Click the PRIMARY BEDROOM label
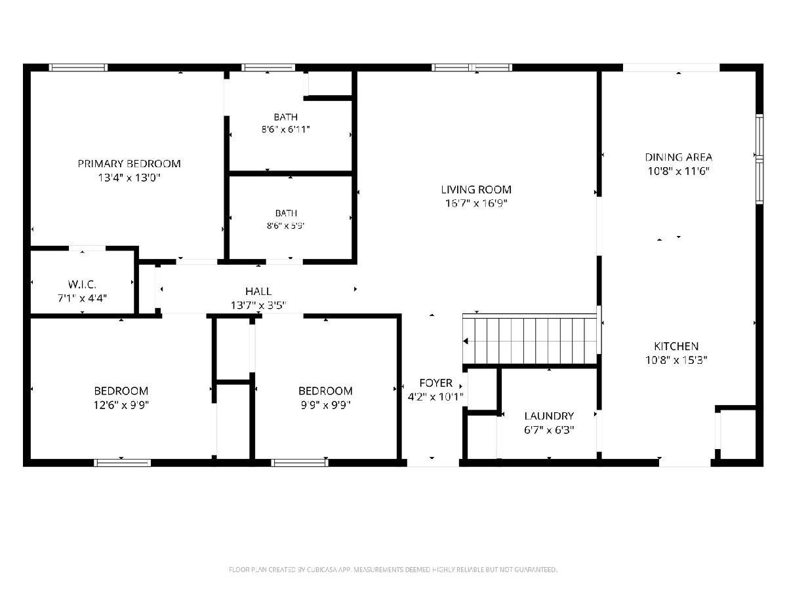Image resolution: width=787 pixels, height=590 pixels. [129, 164]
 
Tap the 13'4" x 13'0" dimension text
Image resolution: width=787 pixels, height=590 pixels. [129, 178]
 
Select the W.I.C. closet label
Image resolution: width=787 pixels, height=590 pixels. [82, 285]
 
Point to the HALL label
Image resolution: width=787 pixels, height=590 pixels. [258, 291]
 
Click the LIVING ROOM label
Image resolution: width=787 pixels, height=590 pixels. [476, 189]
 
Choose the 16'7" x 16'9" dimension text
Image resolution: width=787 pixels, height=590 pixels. [476, 203]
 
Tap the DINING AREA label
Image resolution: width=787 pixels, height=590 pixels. [678, 157]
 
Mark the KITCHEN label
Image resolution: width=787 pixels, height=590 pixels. [676, 346]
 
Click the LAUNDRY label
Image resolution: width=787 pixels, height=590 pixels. [549, 416]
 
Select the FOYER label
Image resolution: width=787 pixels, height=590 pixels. [435, 383]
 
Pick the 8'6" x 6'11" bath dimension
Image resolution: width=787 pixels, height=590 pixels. [285, 129]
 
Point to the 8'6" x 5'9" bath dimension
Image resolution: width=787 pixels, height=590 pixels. [285, 226]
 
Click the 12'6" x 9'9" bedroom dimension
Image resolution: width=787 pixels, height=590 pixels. [121, 405]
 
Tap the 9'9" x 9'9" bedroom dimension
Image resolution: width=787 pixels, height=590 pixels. [325, 405]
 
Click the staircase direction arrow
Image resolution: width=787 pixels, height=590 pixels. [466, 341]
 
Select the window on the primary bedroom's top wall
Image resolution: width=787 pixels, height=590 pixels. [78, 68]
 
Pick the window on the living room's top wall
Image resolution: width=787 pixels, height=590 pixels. [472, 68]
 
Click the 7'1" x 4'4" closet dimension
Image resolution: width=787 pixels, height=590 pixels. [82, 298]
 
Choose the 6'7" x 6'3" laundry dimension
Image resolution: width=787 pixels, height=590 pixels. [549, 430]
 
